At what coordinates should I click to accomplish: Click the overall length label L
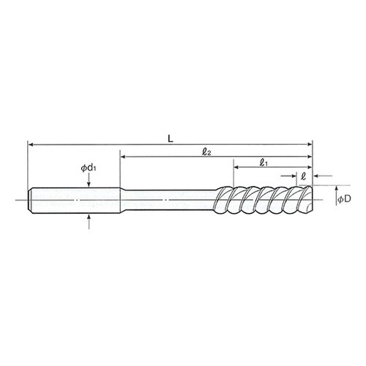click(x=171, y=139)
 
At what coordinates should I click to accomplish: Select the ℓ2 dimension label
click(x=206, y=152)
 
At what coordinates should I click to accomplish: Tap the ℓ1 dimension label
click(x=264, y=163)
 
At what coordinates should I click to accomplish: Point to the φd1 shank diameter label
click(x=89, y=168)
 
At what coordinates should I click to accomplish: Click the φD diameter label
click(x=344, y=199)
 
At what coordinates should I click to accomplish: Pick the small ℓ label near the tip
click(x=303, y=176)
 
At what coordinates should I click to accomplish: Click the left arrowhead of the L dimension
click(x=31, y=145)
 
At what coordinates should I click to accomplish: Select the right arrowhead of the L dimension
click(x=310, y=144)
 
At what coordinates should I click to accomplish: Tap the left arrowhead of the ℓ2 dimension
click(x=123, y=157)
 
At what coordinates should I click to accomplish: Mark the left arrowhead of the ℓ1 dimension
click(x=236, y=167)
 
